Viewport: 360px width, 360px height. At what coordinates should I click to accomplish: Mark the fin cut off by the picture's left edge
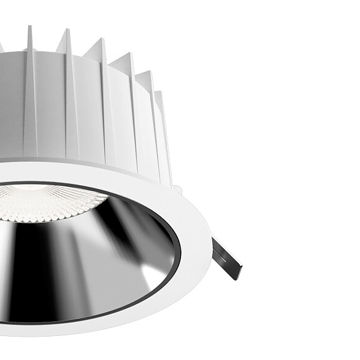click(x=2, y=46)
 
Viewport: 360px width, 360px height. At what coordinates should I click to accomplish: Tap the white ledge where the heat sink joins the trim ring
click(x=92, y=165)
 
